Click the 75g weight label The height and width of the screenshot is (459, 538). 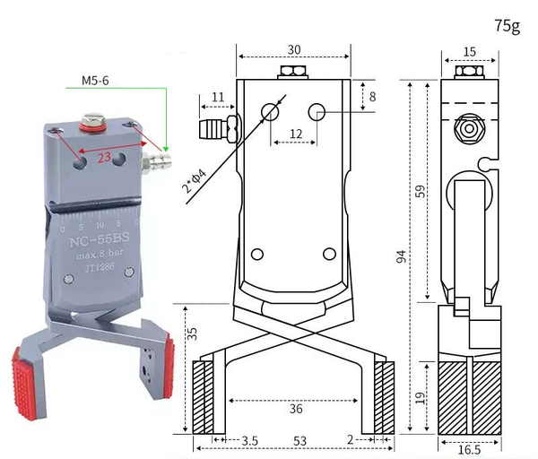pyautogui.click(x=508, y=26)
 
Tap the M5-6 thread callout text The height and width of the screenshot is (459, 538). pyautogui.click(x=95, y=81)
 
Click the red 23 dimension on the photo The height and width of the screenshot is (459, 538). pyautogui.click(x=104, y=158)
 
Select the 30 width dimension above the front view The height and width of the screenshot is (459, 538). pyautogui.click(x=294, y=49)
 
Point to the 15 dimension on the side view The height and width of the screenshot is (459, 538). pyautogui.click(x=469, y=52)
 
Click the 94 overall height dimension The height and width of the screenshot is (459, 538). pyautogui.click(x=401, y=256)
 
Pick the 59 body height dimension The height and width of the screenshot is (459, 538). pyautogui.click(x=420, y=191)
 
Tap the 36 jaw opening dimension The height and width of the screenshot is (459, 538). pyautogui.click(x=296, y=409)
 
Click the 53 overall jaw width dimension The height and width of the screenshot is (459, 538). pyautogui.click(x=299, y=441)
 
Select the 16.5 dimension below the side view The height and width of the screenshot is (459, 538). pyautogui.click(x=469, y=450)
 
